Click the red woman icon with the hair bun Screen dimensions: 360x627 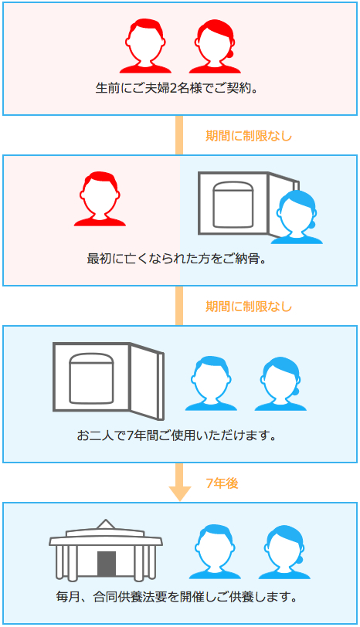[x=215, y=46]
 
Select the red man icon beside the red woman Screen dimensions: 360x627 [x=145, y=46]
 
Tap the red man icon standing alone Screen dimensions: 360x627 [x=100, y=199]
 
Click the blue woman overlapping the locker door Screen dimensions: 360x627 [x=297, y=217]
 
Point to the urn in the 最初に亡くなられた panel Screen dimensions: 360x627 [x=233, y=205]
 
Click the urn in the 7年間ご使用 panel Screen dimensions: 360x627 [x=92, y=378]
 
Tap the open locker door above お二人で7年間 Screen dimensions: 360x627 [x=147, y=381]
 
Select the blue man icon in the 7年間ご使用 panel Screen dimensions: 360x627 [x=211, y=384]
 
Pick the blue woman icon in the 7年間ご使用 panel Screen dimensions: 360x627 [x=280, y=384]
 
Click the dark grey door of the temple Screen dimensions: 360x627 [x=107, y=564]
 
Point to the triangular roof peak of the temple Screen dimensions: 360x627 [x=106, y=525]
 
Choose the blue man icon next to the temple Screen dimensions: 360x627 [x=215, y=552]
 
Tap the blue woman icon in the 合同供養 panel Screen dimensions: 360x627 [x=284, y=552]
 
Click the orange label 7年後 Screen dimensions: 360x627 [x=222, y=483]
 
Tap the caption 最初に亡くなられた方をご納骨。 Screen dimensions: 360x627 [x=177, y=259]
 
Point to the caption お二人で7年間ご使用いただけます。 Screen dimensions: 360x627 [x=177, y=435]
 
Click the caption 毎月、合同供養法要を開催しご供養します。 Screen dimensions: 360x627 [x=177, y=597]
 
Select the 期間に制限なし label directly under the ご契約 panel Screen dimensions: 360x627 [x=249, y=136]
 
